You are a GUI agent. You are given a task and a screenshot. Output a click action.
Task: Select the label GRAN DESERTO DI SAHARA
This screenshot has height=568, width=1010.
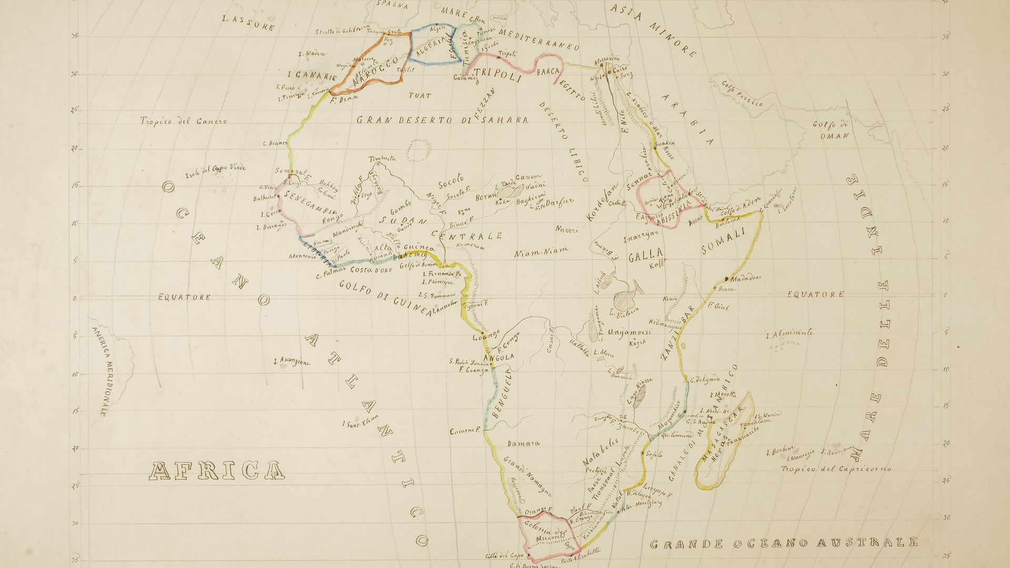tap(442, 120)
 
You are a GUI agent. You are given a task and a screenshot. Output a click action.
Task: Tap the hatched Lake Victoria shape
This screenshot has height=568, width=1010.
tap(625, 302)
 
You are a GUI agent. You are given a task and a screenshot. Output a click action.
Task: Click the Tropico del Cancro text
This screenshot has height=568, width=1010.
tap(184, 121)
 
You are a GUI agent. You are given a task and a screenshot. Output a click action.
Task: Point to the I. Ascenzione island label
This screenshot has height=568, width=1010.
tap(292, 362)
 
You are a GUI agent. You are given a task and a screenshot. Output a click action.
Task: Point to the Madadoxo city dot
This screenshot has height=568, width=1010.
tap(726, 278)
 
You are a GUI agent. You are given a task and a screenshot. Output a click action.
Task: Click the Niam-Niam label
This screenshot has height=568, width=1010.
tap(536, 254)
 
